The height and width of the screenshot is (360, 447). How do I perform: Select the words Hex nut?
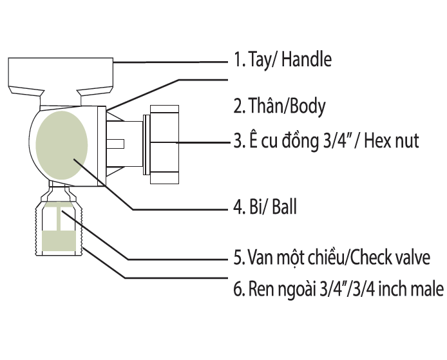coord(392,140)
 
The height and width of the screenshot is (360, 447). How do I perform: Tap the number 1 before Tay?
coord(236,61)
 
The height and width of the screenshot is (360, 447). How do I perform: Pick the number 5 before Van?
coord(237,259)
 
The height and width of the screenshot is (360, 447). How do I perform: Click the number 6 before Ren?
coord(237,290)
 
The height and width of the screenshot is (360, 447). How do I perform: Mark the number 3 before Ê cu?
coord(237,140)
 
